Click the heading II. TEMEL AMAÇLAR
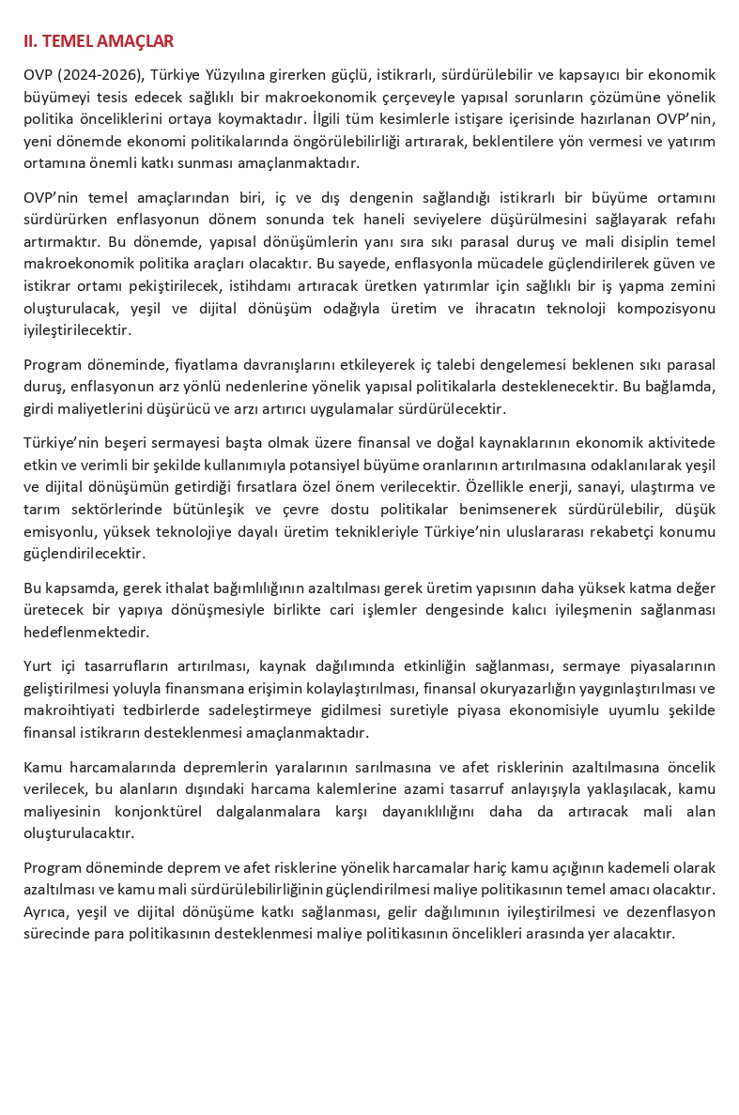99,41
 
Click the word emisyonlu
55,531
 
